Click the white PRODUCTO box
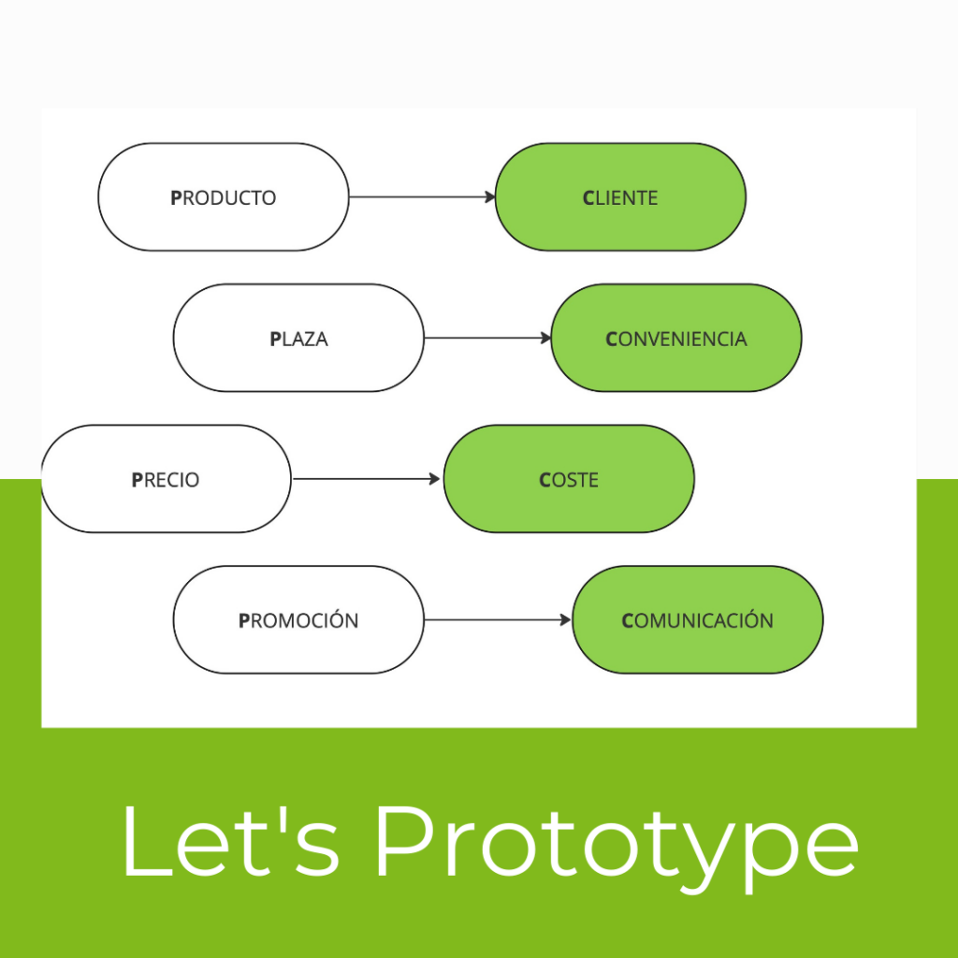click(223, 197)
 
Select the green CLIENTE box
click(620, 197)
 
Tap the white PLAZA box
click(298, 339)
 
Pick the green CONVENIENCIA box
click(676, 339)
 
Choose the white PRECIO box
click(166, 480)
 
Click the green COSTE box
click(569, 480)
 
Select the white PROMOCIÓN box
click(298, 620)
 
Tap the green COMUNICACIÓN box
click(697, 620)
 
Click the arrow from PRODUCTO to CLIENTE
click(421, 197)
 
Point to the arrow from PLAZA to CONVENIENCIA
click(486, 339)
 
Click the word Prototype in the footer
click(616, 839)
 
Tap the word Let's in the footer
click(230, 839)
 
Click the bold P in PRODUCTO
click(176, 198)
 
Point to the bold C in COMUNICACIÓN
click(628, 620)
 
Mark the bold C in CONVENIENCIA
click(612, 339)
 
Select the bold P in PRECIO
click(137, 480)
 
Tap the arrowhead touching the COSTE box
click(435, 480)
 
